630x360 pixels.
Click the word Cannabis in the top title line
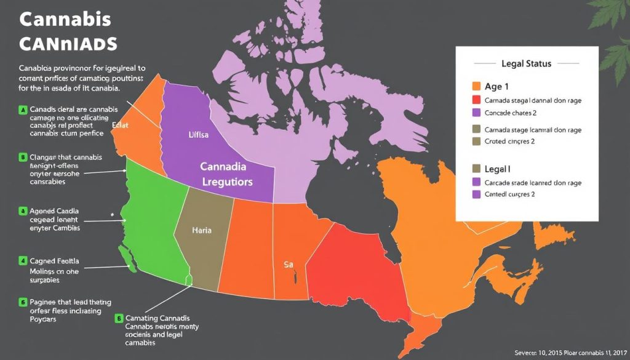(x=65, y=20)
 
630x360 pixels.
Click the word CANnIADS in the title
(x=68, y=44)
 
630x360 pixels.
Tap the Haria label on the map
(x=201, y=231)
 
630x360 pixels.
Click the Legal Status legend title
(x=526, y=63)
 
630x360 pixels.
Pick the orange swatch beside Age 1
(x=476, y=87)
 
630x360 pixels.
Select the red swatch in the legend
(x=476, y=100)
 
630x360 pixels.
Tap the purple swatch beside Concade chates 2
(x=476, y=113)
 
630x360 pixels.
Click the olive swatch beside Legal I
(x=476, y=168)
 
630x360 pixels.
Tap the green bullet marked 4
(x=23, y=260)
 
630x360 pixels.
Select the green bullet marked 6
(x=23, y=302)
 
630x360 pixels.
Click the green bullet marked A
(x=23, y=110)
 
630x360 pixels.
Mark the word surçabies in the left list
(x=44, y=279)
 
